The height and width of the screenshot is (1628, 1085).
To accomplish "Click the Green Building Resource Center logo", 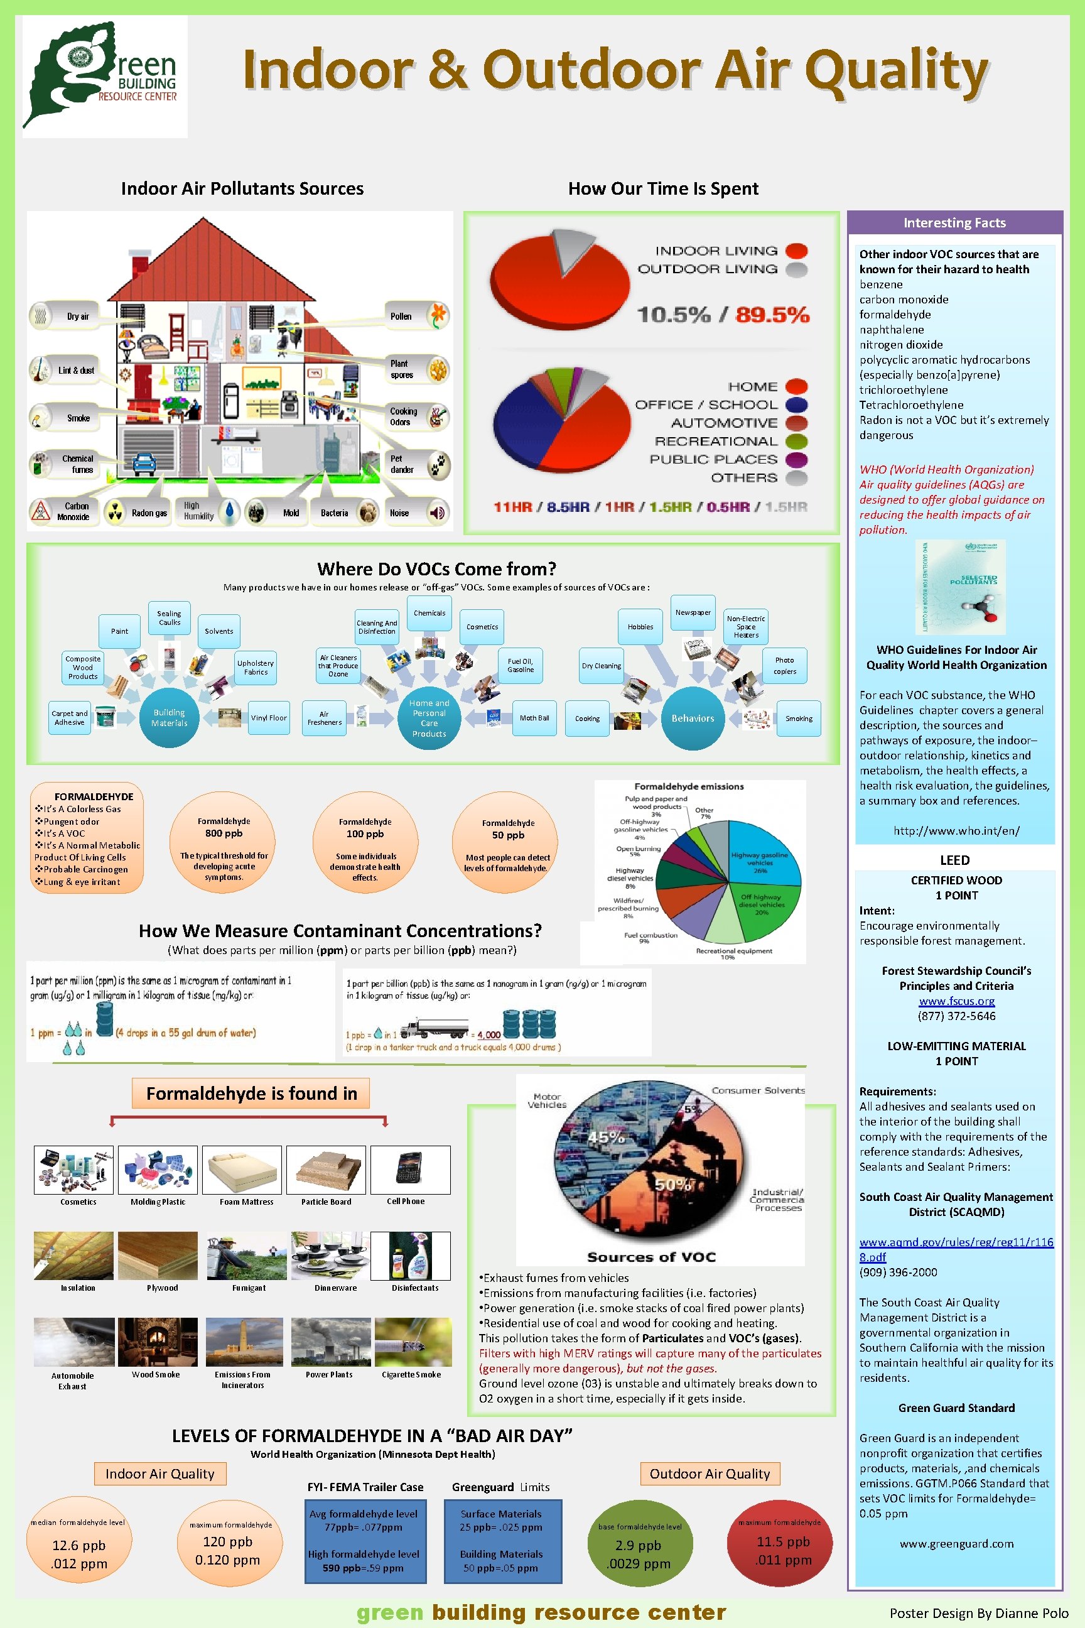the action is pos(104,76).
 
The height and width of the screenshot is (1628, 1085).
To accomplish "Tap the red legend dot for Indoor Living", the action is pos(796,251).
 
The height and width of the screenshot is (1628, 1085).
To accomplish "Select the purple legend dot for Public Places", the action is pos(796,460).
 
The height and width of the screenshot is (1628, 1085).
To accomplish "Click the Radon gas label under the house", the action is pos(149,513).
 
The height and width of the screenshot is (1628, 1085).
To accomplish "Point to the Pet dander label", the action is pos(402,464).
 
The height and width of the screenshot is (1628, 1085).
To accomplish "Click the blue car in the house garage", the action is pos(144,463).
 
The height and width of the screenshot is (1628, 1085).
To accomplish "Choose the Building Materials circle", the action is pos(169,718).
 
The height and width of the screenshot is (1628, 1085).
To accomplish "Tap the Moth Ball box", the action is pos(534,718).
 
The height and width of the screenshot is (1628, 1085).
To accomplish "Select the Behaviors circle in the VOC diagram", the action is pos(693,718).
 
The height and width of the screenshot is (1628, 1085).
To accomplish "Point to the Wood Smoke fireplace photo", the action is pos(157,1342).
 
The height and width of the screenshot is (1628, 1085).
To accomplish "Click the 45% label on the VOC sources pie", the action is pos(606,1137).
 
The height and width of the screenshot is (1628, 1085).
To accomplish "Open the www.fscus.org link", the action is pos(956,1001).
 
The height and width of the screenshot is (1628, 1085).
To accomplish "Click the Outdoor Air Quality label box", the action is pos(710,1473).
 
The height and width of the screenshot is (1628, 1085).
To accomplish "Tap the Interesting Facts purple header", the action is pos(954,223).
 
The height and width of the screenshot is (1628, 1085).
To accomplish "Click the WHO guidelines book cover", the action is pos(961,587).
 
